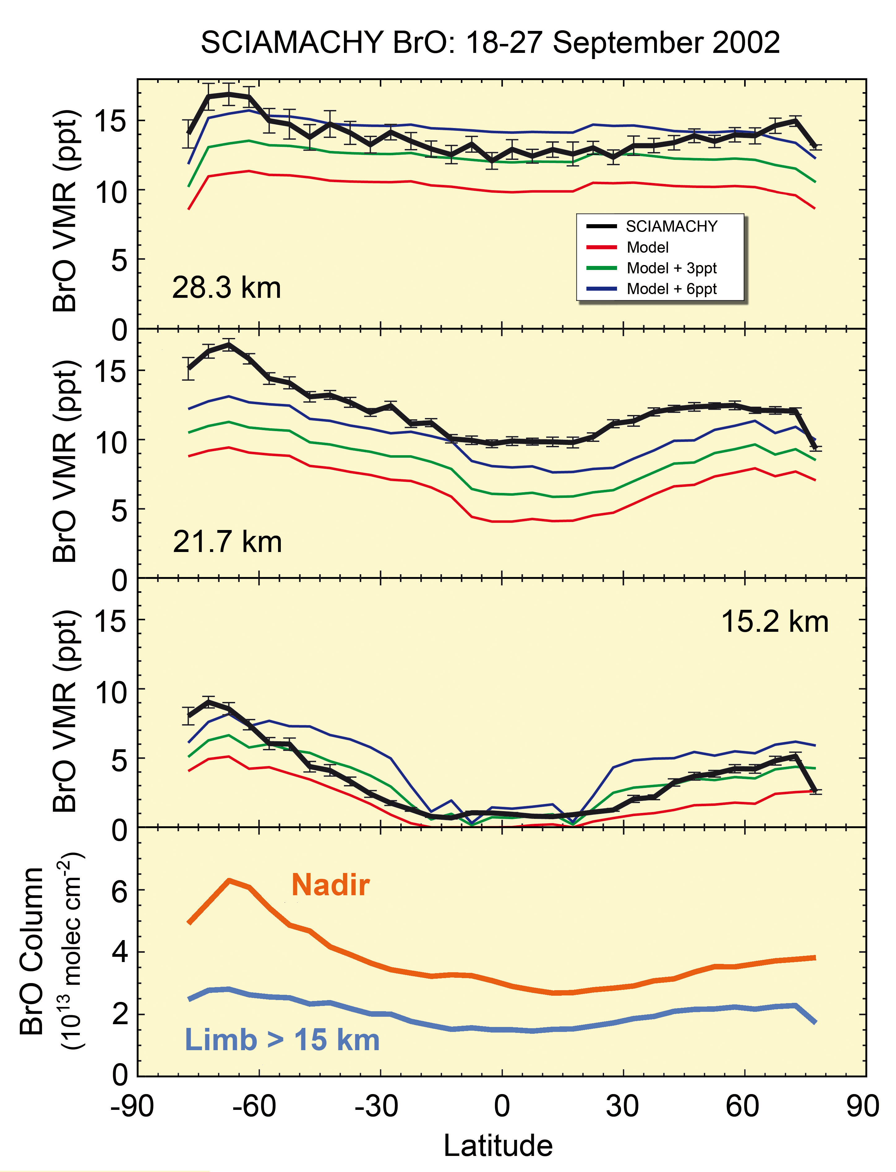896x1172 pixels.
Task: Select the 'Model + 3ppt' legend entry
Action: pos(671,268)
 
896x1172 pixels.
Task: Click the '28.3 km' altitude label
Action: pos(226,288)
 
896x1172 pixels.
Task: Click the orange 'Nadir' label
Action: pos(330,885)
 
